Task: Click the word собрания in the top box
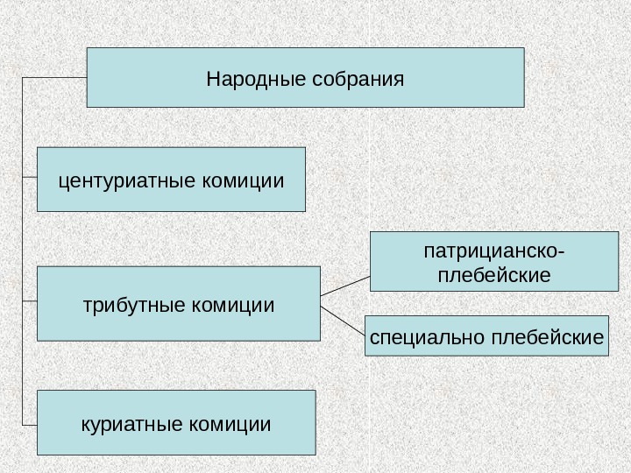pyautogui.click(x=357, y=80)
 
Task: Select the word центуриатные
pyautogui.click(x=128, y=181)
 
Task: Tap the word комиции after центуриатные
pyautogui.click(x=244, y=181)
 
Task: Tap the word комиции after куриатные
pyautogui.click(x=230, y=425)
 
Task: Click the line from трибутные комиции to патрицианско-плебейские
pyautogui.click(x=345, y=283)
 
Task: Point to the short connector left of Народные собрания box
pyautogui.click(x=54, y=78)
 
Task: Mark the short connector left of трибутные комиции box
pyautogui.click(x=29, y=301)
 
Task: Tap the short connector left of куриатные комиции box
pyautogui.click(x=29, y=421)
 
